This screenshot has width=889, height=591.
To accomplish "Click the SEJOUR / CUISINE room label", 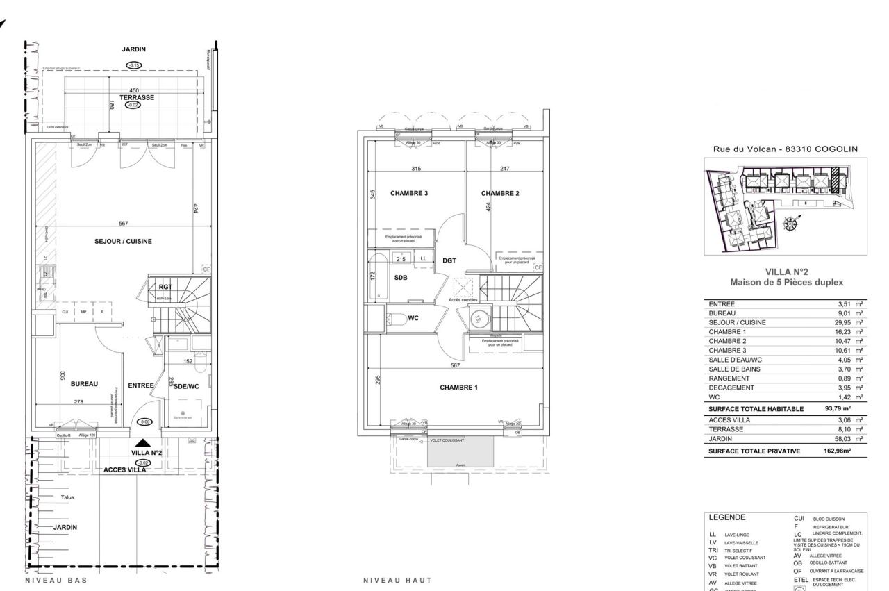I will (123, 242).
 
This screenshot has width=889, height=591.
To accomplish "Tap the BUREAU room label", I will (84, 383).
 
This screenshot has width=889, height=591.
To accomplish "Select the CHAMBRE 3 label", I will (409, 194).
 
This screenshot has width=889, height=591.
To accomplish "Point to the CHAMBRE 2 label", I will (500, 194).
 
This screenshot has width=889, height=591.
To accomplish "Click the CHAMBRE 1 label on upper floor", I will (458, 388).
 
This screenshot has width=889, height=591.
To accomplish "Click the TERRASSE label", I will (136, 98).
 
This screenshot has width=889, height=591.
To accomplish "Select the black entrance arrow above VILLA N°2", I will (142, 442).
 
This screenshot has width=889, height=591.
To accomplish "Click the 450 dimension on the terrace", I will (134, 90).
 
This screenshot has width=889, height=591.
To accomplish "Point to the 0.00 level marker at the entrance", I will (144, 422).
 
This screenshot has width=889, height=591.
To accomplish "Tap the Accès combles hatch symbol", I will (463, 288).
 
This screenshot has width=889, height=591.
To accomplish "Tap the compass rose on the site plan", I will (791, 224).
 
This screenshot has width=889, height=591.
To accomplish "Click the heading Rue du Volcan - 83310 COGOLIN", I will (786, 149).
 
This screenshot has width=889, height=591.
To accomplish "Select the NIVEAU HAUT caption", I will (397, 580).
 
